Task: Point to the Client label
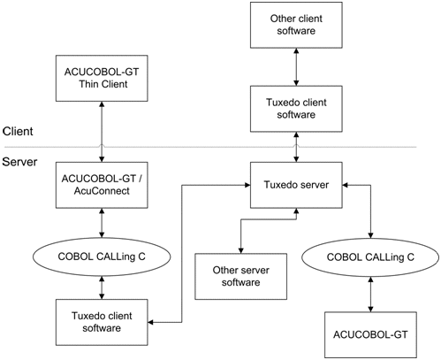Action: tap(18, 131)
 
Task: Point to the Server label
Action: tap(19, 163)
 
